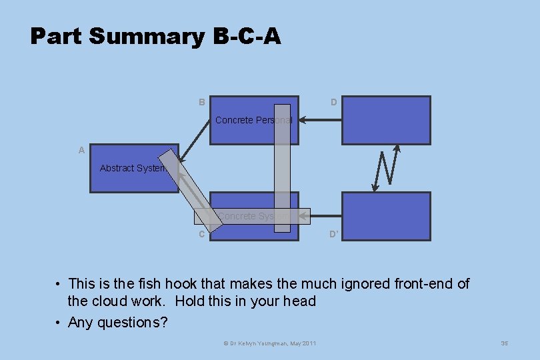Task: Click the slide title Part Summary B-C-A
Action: pos(155,36)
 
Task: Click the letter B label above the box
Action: pos(201,102)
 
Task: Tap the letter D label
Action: pos(333,102)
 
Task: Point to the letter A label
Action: pos(81,150)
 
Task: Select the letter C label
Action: pos(201,234)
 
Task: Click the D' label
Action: pos(334,235)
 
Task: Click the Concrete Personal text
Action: pos(253,120)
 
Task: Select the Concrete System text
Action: pos(253,216)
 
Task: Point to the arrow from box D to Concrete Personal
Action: pos(320,121)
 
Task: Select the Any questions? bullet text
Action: pos(117,323)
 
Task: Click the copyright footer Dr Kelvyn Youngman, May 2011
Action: pos(269,343)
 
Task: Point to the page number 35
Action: pos(504,343)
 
